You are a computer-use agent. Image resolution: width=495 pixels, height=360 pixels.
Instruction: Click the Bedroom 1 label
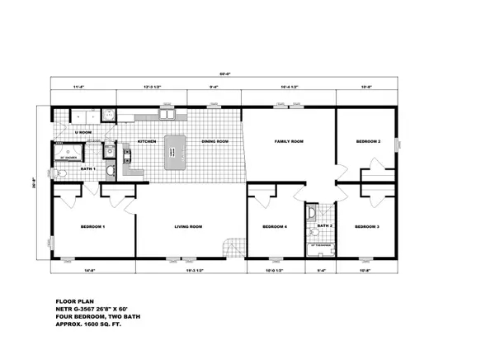click(x=92, y=226)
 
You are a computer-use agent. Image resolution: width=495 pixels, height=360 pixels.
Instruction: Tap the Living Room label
click(x=189, y=226)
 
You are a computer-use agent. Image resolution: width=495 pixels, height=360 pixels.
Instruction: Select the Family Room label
click(x=289, y=142)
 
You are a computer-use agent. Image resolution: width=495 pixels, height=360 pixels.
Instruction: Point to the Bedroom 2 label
click(x=368, y=142)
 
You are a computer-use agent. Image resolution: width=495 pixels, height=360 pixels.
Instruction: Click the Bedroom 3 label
click(x=366, y=226)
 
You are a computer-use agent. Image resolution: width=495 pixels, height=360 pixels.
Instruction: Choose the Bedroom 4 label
click(x=274, y=226)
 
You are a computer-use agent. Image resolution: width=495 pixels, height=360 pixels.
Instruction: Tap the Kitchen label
click(x=147, y=142)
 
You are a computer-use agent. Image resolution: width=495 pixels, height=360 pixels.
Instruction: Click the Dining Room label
click(x=214, y=142)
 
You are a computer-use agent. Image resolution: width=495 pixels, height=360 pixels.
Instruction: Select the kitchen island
click(x=176, y=153)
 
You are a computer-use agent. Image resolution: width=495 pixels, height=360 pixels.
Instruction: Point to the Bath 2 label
click(x=325, y=225)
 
